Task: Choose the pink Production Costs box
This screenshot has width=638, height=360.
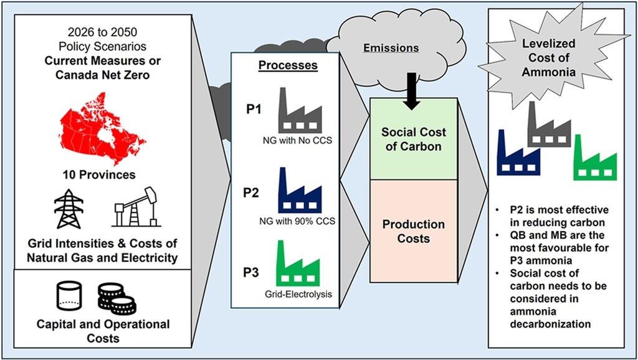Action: point(414,230)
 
